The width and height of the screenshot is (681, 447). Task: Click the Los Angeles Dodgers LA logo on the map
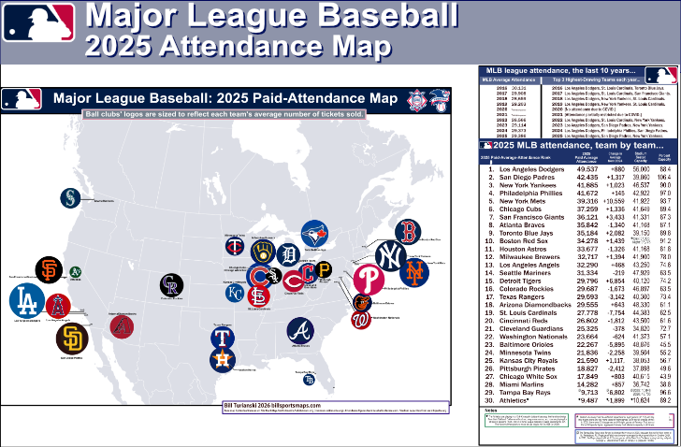(25, 301)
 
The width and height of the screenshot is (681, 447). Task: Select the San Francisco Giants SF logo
(51, 270)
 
